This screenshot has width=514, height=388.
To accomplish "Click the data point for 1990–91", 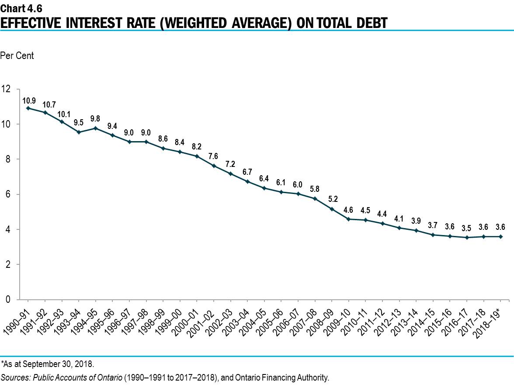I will click(28, 108).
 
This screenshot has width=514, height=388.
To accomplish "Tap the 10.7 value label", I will click(49, 105).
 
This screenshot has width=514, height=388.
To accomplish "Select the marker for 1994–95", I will click(96, 128).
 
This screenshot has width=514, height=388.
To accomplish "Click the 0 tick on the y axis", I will click(8, 300).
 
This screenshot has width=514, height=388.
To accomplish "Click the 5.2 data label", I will click(333, 199).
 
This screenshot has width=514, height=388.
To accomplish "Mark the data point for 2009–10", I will click(349, 219).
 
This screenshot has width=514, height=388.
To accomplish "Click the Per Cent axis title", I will click(17, 56).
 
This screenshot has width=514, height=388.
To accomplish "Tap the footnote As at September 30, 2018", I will click(48, 364).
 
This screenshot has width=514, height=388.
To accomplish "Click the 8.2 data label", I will click(198, 146).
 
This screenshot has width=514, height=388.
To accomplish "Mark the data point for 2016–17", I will click(467, 237).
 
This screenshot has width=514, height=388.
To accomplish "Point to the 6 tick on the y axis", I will click(8, 194).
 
